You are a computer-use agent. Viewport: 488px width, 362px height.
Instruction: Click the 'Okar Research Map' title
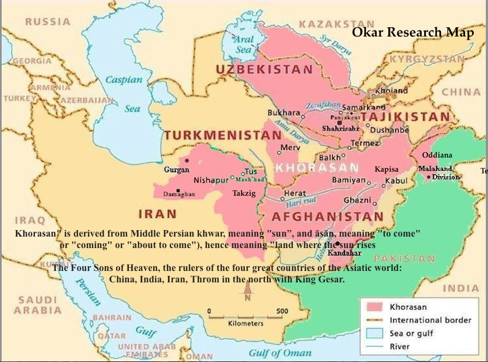(x=413, y=32)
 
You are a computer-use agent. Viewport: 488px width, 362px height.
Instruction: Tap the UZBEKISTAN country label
(x=264, y=69)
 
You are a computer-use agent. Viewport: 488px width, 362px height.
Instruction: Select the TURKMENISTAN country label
(x=216, y=135)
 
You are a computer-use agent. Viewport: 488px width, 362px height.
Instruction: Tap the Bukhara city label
(x=284, y=113)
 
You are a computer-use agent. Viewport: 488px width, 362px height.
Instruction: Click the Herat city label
(x=294, y=194)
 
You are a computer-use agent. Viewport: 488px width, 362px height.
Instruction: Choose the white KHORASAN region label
(x=317, y=167)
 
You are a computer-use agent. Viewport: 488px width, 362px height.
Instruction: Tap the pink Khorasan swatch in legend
(x=373, y=307)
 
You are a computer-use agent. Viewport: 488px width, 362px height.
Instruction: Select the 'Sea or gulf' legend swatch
(x=373, y=333)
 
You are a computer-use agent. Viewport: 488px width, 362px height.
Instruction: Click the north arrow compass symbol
(x=247, y=294)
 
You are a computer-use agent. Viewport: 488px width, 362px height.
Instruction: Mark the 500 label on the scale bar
(x=282, y=311)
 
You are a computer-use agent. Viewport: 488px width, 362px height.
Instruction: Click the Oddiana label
(x=437, y=155)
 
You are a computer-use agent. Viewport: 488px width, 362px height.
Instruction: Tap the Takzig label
(x=244, y=193)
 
